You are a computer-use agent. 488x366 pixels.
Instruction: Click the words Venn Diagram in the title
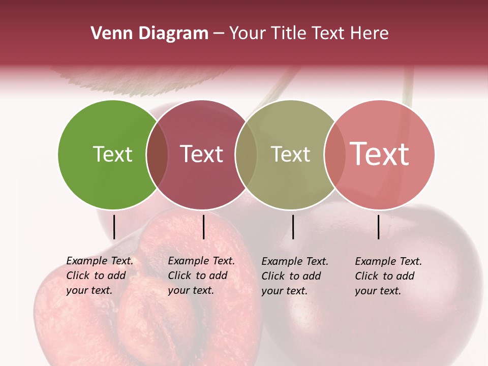coord(149,34)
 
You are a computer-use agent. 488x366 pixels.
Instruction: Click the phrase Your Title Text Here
coord(309,34)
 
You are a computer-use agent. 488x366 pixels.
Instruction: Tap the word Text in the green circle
coord(112,154)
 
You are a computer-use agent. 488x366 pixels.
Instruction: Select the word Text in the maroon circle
coord(201,154)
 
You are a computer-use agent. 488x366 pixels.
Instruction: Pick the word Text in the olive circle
coord(290,154)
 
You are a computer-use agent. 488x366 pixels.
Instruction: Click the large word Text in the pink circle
coord(379,154)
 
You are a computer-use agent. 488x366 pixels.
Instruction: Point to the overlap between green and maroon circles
coord(157,155)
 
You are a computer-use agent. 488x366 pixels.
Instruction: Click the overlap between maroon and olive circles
coord(246,155)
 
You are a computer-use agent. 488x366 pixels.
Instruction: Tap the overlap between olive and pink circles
coord(334,155)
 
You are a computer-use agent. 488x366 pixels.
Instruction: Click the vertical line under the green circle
coord(114,227)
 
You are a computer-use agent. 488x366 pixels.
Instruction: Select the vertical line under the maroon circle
coord(203,227)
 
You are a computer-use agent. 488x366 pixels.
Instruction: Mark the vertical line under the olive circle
coord(293,227)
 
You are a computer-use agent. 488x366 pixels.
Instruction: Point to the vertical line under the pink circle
coord(378,227)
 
